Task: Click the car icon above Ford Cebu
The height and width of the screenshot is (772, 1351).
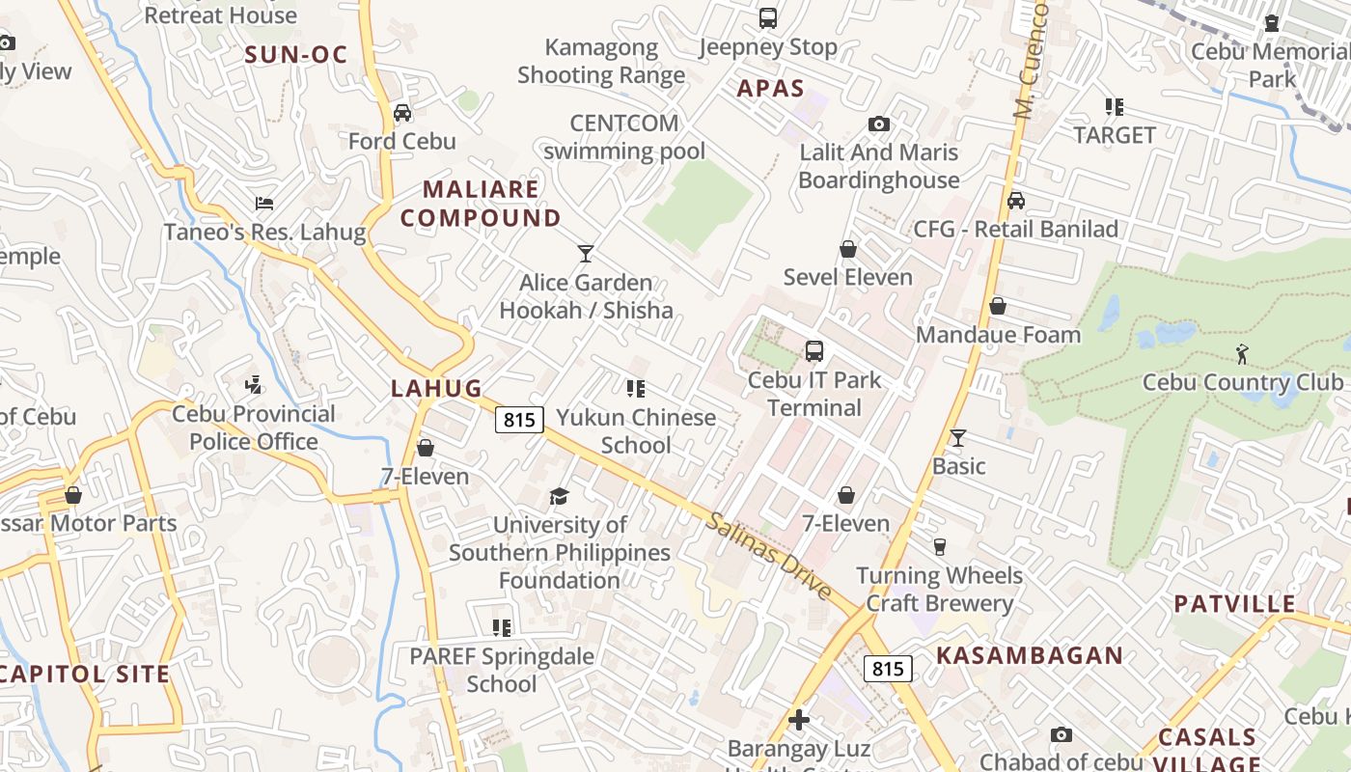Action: [402, 113]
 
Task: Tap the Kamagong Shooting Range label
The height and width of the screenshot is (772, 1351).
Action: [601, 61]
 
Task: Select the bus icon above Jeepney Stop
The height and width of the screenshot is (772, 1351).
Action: [768, 17]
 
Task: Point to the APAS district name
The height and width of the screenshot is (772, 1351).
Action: [771, 89]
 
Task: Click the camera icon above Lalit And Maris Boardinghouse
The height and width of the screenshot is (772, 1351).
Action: [878, 124]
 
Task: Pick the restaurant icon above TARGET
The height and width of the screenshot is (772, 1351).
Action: [1115, 107]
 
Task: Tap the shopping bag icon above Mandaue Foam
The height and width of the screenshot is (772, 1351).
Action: [998, 306]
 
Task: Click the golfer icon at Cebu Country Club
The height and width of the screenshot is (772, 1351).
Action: [1242, 354]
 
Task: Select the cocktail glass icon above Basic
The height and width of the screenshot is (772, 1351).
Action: [958, 438]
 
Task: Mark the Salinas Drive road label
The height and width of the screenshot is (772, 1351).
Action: [768, 556]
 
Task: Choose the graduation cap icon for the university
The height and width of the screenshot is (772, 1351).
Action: [559, 496]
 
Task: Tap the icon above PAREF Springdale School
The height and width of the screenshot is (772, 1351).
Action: [501, 628]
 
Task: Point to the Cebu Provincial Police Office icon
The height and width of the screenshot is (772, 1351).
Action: [254, 385]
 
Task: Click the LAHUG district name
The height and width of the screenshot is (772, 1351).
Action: [436, 388]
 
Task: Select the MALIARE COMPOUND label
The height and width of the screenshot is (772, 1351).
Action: [481, 204]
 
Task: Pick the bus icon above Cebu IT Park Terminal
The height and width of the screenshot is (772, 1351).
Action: [814, 350]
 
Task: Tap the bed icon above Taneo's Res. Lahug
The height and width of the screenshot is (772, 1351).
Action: [264, 204]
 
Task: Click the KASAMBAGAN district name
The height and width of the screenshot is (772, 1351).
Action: [1030, 655]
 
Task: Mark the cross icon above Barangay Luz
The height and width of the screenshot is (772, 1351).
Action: [798, 720]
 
